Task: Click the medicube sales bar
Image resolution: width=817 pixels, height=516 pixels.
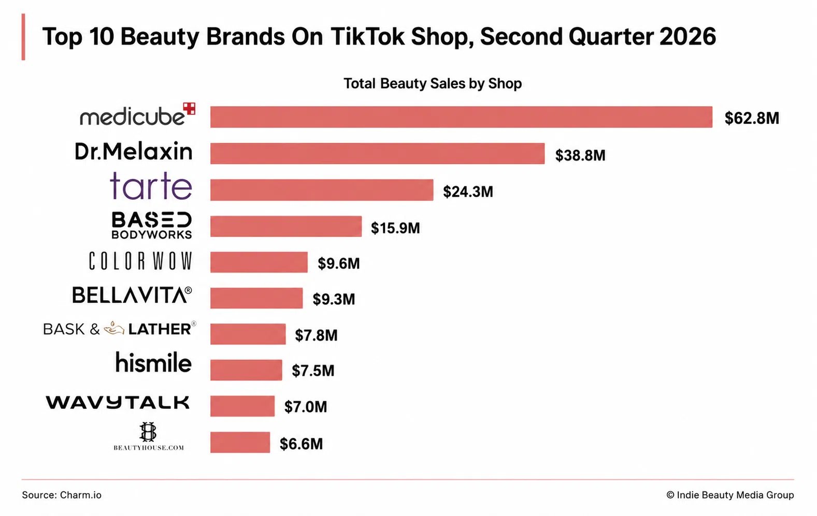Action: click(x=461, y=117)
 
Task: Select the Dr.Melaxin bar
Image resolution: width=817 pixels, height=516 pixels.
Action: click(x=378, y=153)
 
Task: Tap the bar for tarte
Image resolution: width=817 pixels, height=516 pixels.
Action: click(x=322, y=190)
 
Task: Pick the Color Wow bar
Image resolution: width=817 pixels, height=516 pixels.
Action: click(x=259, y=262)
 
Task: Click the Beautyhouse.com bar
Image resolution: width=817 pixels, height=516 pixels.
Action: click(x=240, y=443)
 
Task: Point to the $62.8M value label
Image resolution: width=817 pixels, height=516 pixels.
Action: click(x=752, y=118)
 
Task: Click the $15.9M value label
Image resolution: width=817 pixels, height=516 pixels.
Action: click(x=395, y=228)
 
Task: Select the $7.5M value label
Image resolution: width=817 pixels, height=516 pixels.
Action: click(x=313, y=370)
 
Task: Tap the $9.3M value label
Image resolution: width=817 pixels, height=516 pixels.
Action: click(x=334, y=299)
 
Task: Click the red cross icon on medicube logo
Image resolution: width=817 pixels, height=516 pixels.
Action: click(x=189, y=108)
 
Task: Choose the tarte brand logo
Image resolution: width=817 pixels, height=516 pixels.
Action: click(x=151, y=186)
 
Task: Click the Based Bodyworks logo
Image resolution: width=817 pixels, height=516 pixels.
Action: click(x=152, y=225)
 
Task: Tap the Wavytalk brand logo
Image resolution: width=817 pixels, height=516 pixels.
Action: click(x=118, y=402)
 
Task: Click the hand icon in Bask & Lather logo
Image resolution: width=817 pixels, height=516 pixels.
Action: click(x=114, y=328)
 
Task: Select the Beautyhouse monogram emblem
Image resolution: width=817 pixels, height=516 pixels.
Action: click(x=148, y=432)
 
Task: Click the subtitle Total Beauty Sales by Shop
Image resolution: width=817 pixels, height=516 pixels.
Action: click(x=433, y=83)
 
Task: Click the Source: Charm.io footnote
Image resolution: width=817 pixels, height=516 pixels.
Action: click(x=62, y=495)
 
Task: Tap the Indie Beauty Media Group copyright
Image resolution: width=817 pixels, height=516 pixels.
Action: click(x=730, y=495)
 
